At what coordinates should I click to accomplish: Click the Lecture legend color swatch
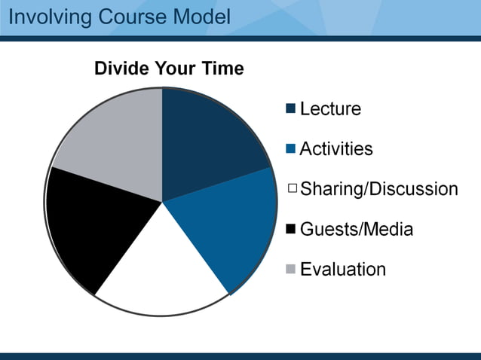point(291,109)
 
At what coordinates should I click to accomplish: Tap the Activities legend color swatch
point(291,149)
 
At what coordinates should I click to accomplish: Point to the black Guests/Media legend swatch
point(291,229)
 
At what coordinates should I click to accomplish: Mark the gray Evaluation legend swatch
point(291,269)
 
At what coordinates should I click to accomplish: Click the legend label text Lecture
point(330,109)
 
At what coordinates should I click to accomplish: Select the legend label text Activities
point(336,149)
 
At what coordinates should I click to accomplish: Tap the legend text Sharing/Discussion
point(378,189)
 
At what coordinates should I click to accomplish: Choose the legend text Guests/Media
point(356,229)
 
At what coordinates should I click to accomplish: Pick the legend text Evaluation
point(343,269)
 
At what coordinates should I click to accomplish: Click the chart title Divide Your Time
point(169,69)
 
